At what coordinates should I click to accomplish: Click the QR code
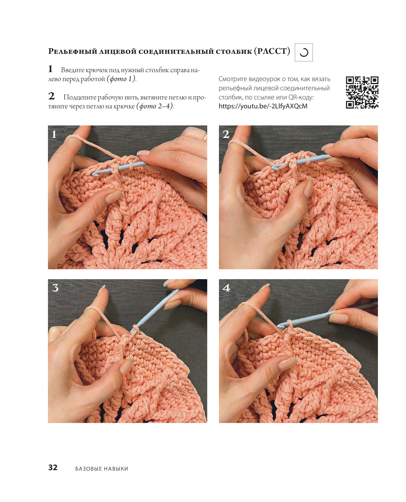362,92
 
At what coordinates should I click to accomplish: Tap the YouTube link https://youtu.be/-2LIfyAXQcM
263,106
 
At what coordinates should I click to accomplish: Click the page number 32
53,467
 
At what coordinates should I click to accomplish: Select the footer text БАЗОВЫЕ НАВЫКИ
102,469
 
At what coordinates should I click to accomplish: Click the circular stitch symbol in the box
304,53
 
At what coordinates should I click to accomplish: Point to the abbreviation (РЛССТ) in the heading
272,51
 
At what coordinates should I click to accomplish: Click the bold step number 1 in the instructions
51,69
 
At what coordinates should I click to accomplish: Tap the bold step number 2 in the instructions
52,96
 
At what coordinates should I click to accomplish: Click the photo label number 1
54,134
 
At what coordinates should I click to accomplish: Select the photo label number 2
226,134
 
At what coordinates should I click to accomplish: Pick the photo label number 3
55,288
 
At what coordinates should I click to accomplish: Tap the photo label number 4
226,288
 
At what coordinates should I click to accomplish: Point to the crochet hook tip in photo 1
94,174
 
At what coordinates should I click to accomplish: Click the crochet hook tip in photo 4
279,326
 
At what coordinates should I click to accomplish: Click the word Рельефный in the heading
73,52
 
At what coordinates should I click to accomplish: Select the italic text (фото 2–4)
155,106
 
